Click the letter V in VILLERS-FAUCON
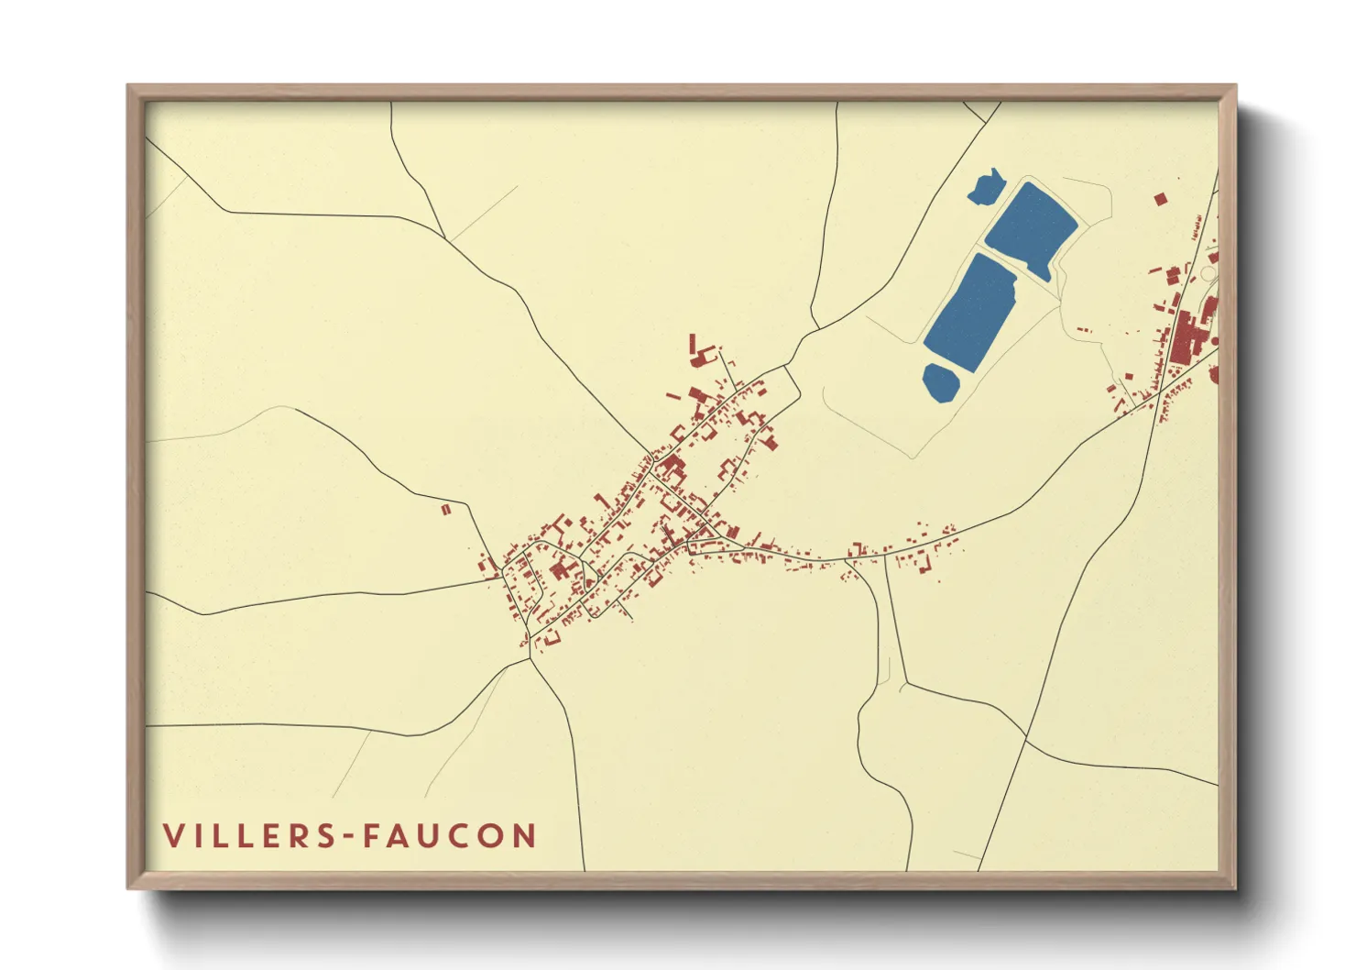(174, 836)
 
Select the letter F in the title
(372, 836)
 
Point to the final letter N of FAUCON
(525, 836)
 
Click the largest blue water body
(971, 312)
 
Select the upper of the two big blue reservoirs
(1030, 226)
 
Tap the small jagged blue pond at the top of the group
(987, 187)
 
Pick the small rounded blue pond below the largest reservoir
(940, 381)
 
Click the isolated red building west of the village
(446, 509)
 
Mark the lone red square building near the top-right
(1160, 198)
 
